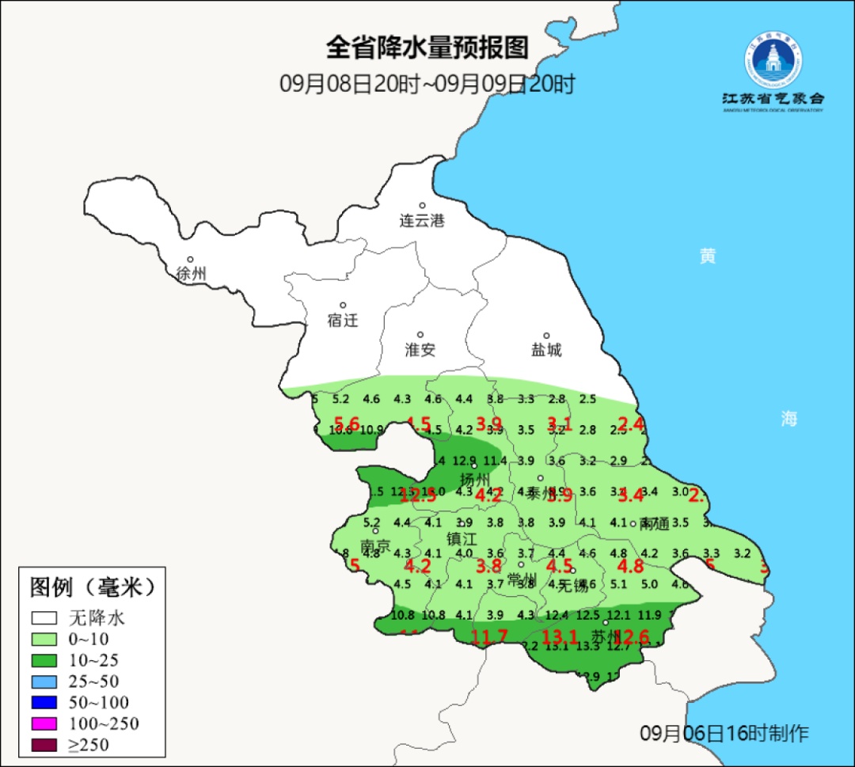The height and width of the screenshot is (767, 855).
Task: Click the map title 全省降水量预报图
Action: tap(427, 48)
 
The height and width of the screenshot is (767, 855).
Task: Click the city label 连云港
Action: tap(422, 221)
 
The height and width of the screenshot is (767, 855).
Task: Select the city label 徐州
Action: tap(192, 274)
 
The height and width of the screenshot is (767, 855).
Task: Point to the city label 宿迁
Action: tap(343, 321)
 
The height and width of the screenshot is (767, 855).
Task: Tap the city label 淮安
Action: tap(420, 350)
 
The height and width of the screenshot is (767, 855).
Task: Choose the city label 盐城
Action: tap(546, 350)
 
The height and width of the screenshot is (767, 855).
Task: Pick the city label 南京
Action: tap(375, 547)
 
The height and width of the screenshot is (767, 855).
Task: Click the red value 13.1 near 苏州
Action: tap(560, 636)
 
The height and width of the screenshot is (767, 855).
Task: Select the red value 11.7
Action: tap(489, 636)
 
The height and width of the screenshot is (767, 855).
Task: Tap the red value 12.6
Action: tap(632, 636)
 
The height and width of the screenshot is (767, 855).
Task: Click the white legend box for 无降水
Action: tap(44, 617)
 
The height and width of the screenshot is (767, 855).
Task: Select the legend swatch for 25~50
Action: tap(44, 681)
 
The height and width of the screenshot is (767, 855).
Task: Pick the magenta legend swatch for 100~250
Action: tap(44, 723)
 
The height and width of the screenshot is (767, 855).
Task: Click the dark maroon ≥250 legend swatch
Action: tap(44, 745)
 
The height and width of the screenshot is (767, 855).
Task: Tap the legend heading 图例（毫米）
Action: tap(91, 587)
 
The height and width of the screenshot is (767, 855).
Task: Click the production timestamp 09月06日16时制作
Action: tap(724, 733)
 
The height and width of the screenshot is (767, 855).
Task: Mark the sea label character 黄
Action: tap(708, 256)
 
